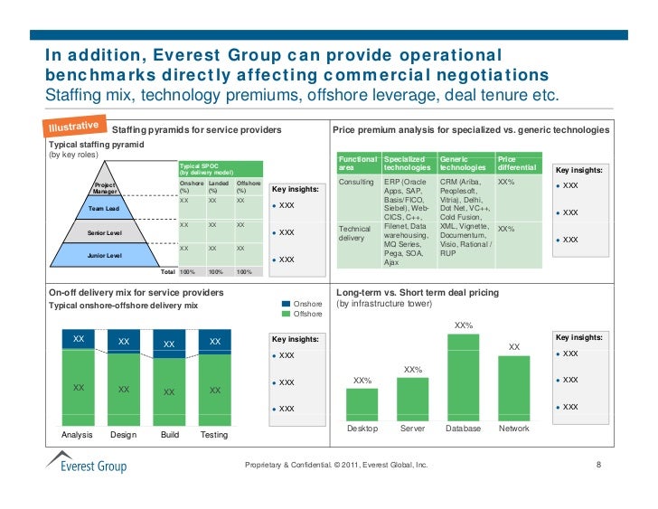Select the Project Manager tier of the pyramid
pyautogui.click(x=106, y=189)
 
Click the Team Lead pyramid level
pyautogui.click(x=104, y=209)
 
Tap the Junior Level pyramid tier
pyautogui.click(x=104, y=255)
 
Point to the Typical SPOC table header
pyautogui.click(x=220, y=169)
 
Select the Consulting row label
pyautogui.click(x=355, y=182)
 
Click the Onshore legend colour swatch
pyautogui.click(x=287, y=304)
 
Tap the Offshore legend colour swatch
pyautogui.click(x=287, y=315)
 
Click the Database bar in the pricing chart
pyautogui.click(x=464, y=374)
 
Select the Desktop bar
pyautogui.click(x=362, y=403)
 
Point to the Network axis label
pyautogui.click(x=514, y=428)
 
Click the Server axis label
pyautogui.click(x=412, y=428)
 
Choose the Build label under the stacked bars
pyautogui.click(x=170, y=435)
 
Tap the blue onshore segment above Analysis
pyautogui.click(x=79, y=339)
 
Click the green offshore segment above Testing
pyautogui.click(x=215, y=389)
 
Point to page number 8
pyautogui.click(x=598, y=466)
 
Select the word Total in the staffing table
pyautogui.click(x=167, y=272)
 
